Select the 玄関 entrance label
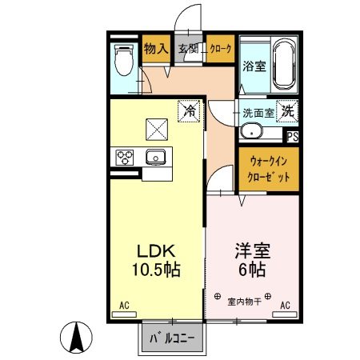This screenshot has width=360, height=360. coord(189,50)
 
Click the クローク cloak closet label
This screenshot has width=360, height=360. coord(221,50)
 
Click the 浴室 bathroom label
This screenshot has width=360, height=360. coord(254,66)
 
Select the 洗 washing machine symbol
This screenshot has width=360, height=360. coord(287,112)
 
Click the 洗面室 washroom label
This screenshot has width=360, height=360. coord(258,113)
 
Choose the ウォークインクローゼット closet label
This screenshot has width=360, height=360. coord(269,169)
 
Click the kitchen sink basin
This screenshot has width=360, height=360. coord(156,157)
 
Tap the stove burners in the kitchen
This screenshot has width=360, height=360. coord(126,157)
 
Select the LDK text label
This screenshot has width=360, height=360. coord(155,250)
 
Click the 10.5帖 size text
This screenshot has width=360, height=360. coord(155,270)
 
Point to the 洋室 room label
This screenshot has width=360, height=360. coord(251,250)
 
